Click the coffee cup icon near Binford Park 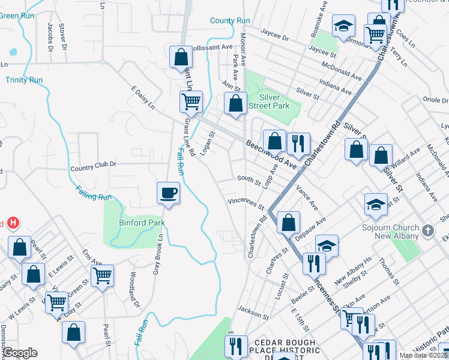click(168, 193)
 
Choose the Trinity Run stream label click(24, 79)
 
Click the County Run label click(230, 21)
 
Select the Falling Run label click(94, 193)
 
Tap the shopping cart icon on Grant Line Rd click(191, 101)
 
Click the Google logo click(20, 353)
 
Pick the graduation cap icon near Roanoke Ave click(344, 26)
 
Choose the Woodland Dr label click(134, 290)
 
